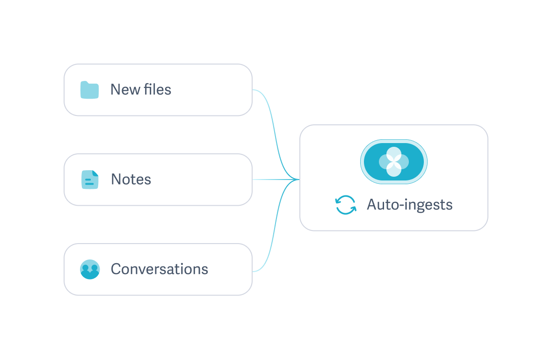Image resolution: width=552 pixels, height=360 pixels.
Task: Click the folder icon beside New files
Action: pyautogui.click(x=89, y=90)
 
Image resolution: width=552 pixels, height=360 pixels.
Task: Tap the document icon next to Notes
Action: pyautogui.click(x=90, y=180)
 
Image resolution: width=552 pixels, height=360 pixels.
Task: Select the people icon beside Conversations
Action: pyautogui.click(x=90, y=269)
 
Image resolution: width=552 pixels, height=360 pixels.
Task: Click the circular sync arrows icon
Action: pyautogui.click(x=346, y=205)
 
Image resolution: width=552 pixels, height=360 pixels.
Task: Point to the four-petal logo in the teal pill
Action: pyautogui.click(x=394, y=162)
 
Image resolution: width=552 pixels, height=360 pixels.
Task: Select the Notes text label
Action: pyautogui.click(x=131, y=180)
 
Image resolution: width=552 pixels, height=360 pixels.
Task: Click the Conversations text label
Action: pyautogui.click(x=160, y=269)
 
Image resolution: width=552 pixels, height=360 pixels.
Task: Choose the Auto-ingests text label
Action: pyautogui.click(x=410, y=205)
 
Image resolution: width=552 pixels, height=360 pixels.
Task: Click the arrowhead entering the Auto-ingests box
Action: pyautogui.click(x=296, y=179)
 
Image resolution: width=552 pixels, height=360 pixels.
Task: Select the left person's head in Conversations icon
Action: pyautogui.click(x=86, y=268)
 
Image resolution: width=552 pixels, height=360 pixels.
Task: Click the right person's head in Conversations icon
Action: pyautogui.click(x=94, y=268)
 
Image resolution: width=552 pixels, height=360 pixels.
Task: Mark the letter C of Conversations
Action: pyautogui.click(x=116, y=269)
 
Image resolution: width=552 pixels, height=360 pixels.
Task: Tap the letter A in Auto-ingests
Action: pyautogui.click(x=372, y=205)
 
